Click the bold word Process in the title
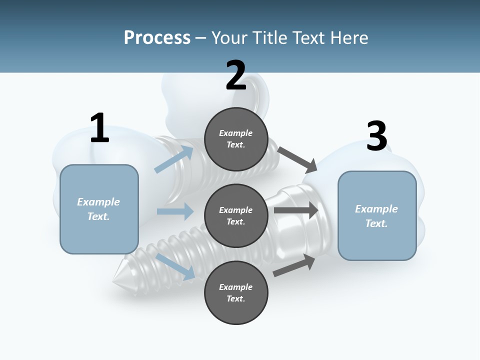[157, 38]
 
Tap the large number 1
[99, 128]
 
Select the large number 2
[236, 75]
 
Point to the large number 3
[377, 136]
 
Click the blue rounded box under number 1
[99, 209]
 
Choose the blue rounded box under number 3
[377, 216]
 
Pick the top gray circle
[236, 139]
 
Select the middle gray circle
[236, 216]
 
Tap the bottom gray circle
[236, 293]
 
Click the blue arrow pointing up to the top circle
[174, 159]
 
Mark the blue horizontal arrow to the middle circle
[175, 211]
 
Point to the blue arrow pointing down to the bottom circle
[175, 266]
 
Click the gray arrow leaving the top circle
[297, 159]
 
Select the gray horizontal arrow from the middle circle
[296, 210]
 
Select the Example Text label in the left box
[98, 209]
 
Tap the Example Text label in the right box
[376, 216]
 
